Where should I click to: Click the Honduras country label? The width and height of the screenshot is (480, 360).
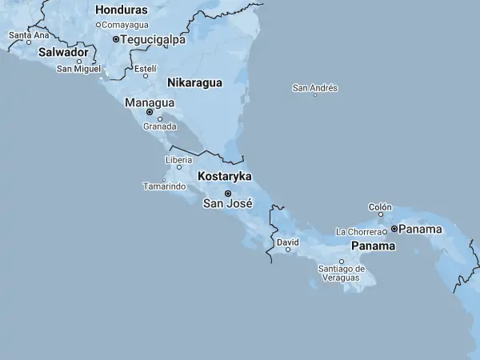click(x=121, y=10)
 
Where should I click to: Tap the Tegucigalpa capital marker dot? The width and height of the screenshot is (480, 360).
click(x=116, y=38)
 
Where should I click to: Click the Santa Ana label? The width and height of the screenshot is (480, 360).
click(x=29, y=35)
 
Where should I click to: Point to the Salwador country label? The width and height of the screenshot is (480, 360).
click(x=63, y=52)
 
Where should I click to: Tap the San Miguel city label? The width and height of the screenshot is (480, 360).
click(x=78, y=69)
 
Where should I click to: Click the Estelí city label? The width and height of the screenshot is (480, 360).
click(x=145, y=69)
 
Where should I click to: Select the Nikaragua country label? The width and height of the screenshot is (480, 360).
click(x=194, y=82)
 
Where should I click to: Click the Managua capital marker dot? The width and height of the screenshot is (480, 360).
click(x=150, y=112)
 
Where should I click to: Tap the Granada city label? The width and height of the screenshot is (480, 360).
click(x=159, y=126)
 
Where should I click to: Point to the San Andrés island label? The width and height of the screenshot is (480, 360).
click(x=315, y=88)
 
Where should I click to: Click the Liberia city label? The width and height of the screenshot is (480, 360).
click(x=178, y=160)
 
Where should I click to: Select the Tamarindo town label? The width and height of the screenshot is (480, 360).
click(x=164, y=186)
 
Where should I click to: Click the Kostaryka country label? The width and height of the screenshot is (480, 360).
click(x=225, y=176)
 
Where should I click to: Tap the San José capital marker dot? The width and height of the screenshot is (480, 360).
click(x=228, y=194)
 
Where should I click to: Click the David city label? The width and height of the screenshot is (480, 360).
click(x=287, y=242)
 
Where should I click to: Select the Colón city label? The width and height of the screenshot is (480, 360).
click(x=380, y=207)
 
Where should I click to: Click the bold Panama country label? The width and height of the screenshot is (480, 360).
click(x=373, y=246)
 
